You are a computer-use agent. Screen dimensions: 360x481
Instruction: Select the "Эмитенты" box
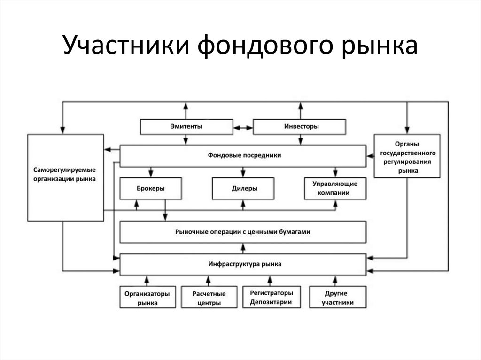coord(186,127)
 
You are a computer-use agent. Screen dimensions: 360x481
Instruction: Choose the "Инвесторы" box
coord(300,127)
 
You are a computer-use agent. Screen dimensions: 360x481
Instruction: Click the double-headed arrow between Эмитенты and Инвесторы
coord(243,127)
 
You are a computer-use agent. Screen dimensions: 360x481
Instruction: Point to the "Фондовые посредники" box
coord(243,155)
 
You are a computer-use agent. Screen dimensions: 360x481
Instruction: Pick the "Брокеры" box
coord(150,189)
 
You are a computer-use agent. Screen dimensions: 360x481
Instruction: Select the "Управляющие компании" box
coord(335,189)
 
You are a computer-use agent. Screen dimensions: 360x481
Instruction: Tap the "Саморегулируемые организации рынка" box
coord(65,177)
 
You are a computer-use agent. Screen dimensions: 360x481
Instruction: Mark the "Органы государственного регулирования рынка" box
coord(408,156)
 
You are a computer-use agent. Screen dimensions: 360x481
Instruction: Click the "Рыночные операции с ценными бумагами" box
coord(243,232)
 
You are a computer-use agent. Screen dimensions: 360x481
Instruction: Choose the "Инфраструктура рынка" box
coord(243,264)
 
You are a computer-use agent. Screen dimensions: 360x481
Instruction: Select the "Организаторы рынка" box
coord(147,298)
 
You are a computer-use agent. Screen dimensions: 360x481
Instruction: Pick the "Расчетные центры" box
coord(209,298)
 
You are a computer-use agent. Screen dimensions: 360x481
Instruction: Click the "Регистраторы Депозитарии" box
coord(272,297)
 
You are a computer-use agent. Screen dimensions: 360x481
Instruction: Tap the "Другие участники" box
coord(338,298)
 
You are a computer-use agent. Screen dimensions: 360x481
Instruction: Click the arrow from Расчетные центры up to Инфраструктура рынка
coord(209,281)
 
